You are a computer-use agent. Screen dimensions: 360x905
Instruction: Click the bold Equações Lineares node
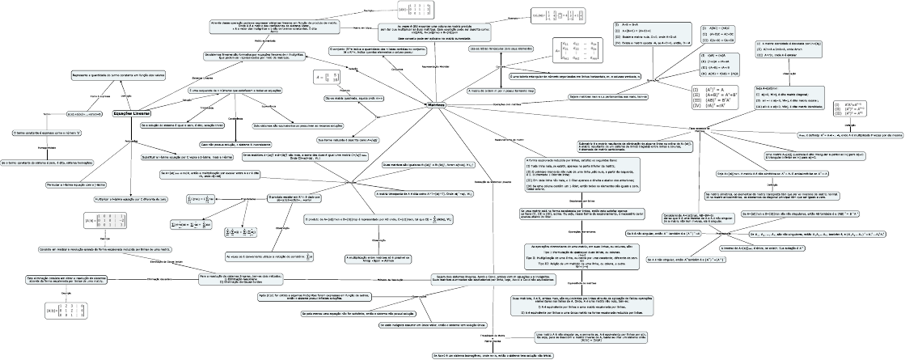pos(131,114)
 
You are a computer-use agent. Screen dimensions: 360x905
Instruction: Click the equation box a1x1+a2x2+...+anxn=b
pos(85,114)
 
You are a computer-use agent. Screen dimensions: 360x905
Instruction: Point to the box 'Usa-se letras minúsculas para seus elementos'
pos(500,49)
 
